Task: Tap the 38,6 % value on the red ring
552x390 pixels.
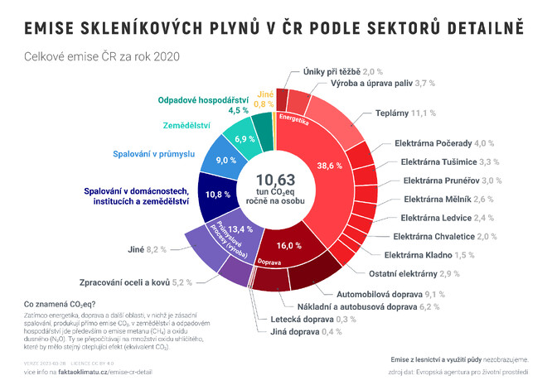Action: (329, 166)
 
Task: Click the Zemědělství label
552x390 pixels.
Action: (186, 125)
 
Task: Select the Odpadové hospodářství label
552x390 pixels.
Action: (201, 100)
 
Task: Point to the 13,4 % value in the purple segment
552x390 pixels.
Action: (235, 229)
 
